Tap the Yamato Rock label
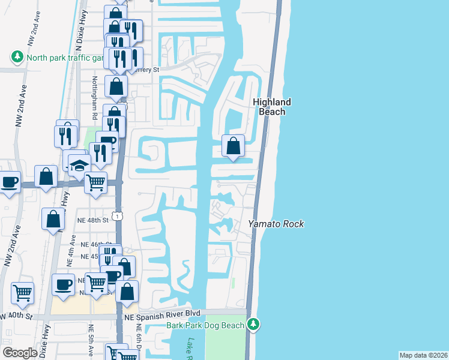[277, 224]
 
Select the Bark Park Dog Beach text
[205, 325]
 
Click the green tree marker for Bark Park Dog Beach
[254, 325]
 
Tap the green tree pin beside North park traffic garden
[17, 57]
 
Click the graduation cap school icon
[78, 166]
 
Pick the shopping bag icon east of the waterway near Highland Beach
[233, 145]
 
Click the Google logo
[20, 353]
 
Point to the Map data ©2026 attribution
[423, 355]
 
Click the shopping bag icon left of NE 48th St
[53, 219]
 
